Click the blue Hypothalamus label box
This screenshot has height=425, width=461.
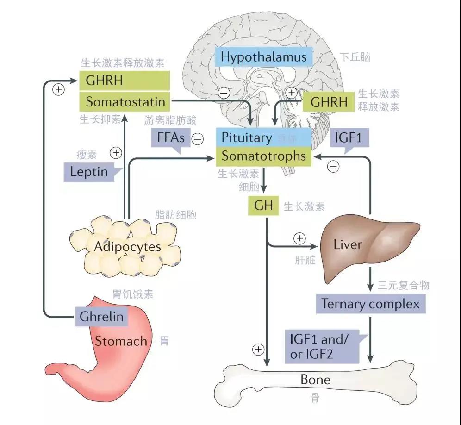tap(263, 57)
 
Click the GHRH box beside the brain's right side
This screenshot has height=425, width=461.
tap(329, 102)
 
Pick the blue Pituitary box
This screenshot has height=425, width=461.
tap(264, 137)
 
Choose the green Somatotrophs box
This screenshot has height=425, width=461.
tap(264, 156)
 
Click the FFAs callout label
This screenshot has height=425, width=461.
tap(168, 138)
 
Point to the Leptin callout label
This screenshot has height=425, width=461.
tap(89, 172)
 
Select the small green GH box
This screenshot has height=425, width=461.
tap(263, 205)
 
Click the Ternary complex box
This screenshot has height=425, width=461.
tap(370, 304)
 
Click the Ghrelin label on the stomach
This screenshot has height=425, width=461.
tap(101, 317)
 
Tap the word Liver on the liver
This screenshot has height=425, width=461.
tap(347, 244)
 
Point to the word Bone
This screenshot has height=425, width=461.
tap(315, 380)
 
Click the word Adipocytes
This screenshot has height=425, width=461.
tap(127, 246)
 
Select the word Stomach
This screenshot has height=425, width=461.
tap(121, 342)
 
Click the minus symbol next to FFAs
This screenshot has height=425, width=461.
tap(198, 138)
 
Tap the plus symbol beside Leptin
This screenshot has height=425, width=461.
tap(116, 152)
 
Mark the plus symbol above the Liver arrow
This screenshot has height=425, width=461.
tap(300, 238)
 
